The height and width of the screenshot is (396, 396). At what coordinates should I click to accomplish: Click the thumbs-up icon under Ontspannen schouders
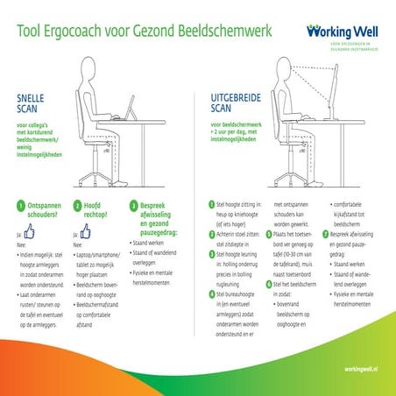click(28, 234)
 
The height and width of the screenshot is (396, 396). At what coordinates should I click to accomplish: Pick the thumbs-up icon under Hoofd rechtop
click(85, 234)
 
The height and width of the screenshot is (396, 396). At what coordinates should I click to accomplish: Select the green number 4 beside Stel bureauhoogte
click(211, 294)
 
